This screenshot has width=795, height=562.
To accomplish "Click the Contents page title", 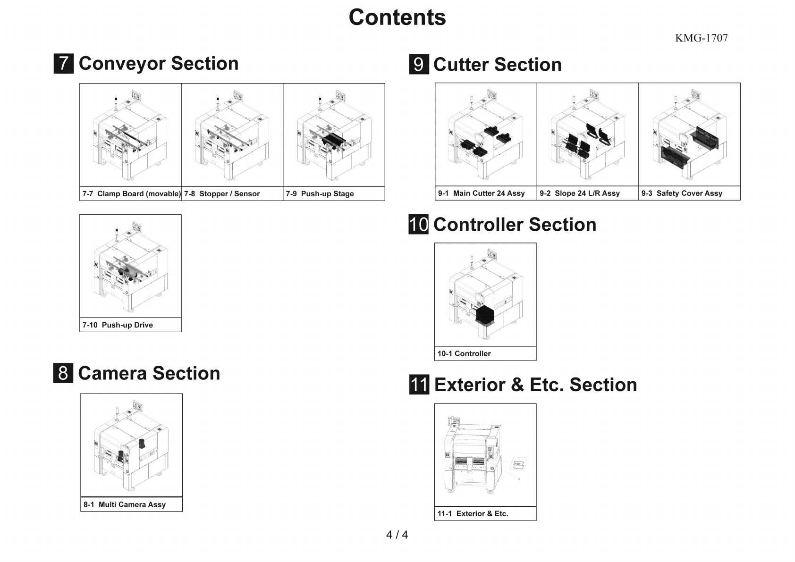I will (397, 17).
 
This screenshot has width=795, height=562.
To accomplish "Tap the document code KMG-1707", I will (701, 38).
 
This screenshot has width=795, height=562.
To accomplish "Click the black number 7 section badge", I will (64, 64).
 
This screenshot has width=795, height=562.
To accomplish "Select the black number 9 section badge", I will (419, 65).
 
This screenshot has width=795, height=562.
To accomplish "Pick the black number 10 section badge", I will (419, 225).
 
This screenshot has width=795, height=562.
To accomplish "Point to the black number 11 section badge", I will (419, 385).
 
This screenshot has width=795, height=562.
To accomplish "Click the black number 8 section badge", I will (63, 373).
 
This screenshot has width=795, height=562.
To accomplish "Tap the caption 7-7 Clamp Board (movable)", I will (131, 194).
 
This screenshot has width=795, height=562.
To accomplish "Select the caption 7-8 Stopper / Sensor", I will (222, 194).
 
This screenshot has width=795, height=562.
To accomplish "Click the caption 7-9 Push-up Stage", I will (320, 194).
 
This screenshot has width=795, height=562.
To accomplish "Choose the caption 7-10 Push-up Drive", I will (118, 325).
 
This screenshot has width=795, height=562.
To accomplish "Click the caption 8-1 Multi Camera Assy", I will (125, 504).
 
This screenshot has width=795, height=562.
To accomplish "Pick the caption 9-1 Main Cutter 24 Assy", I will (481, 193).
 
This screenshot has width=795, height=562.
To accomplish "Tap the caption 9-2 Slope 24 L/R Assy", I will (580, 193).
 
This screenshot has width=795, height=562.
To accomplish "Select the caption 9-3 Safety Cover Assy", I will (682, 193).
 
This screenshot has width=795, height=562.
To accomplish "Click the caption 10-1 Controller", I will (464, 354).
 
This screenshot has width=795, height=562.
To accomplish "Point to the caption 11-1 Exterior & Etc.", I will (473, 514).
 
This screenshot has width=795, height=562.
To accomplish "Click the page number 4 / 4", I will (397, 535).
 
